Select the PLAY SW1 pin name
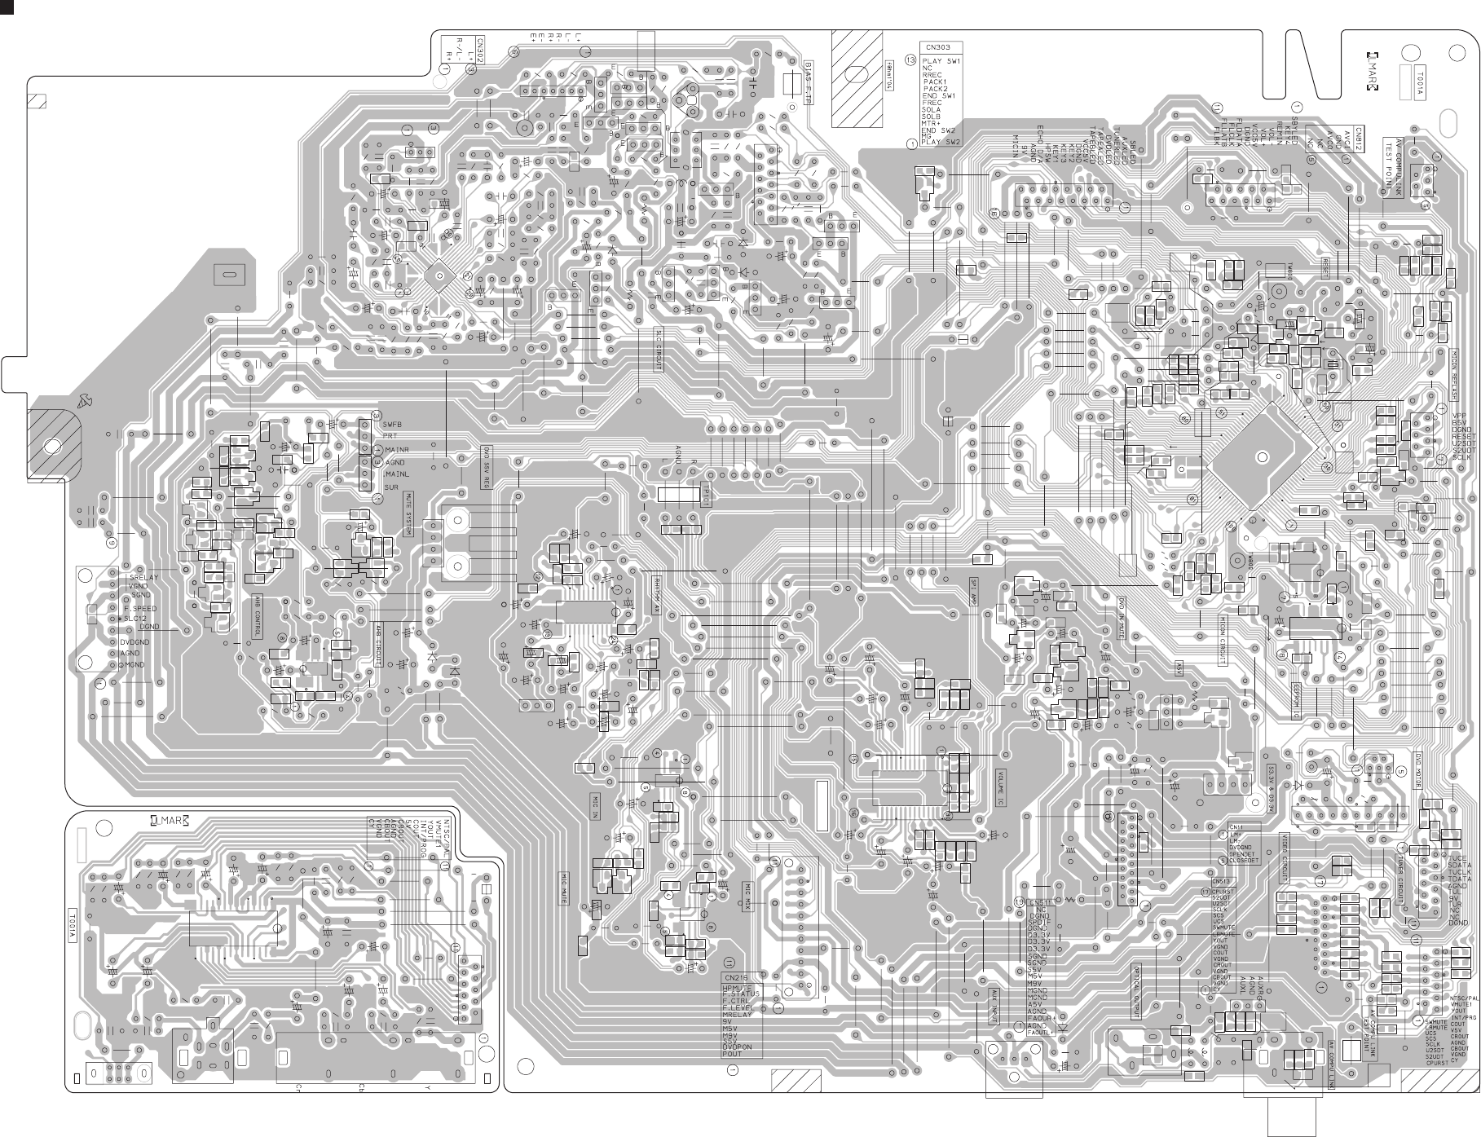[941, 61]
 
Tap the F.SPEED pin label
[140, 609]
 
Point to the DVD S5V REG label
[487, 466]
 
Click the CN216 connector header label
[734, 977]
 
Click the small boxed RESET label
[1325, 269]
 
